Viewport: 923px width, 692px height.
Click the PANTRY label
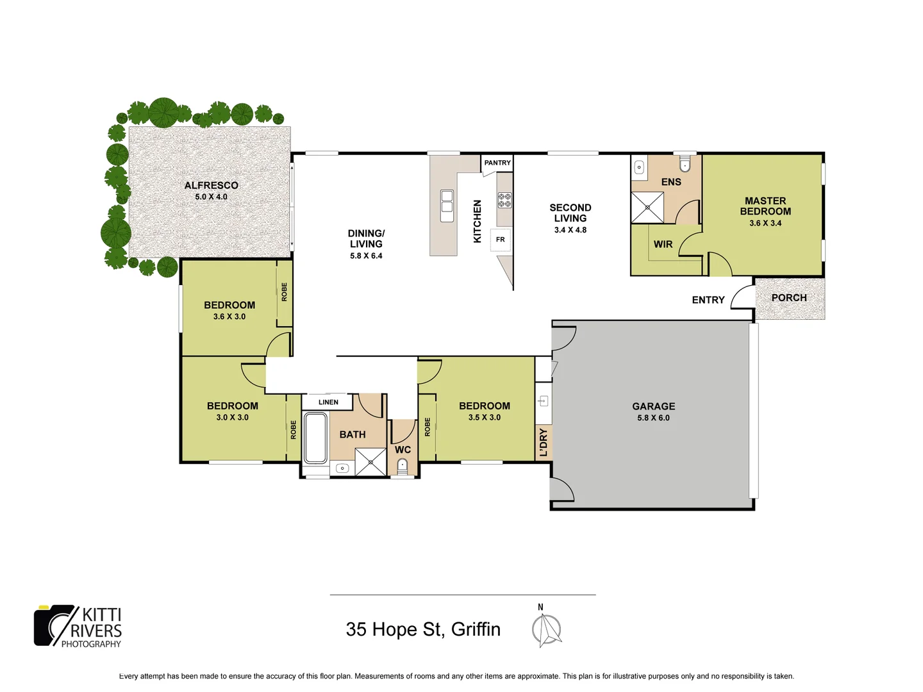pyautogui.click(x=497, y=163)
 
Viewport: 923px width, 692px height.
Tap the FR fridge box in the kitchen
pyautogui.click(x=501, y=240)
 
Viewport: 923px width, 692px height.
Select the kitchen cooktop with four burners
pyautogui.click(x=504, y=200)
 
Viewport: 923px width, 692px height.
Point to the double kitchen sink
pyautogui.click(x=447, y=206)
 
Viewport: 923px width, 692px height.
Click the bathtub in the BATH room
pyautogui.click(x=315, y=438)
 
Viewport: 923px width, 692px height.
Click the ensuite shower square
pyautogui.click(x=647, y=208)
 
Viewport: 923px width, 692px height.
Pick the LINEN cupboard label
pyautogui.click(x=328, y=402)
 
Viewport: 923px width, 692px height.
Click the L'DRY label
pyautogui.click(x=543, y=443)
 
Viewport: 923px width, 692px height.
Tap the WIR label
pyautogui.click(x=663, y=244)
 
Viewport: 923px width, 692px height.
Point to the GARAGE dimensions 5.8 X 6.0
pyautogui.click(x=653, y=418)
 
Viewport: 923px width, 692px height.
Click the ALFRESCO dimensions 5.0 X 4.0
pyautogui.click(x=211, y=197)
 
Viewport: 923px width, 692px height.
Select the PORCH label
pyautogui.click(x=789, y=297)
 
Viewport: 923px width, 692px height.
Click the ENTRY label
pyautogui.click(x=708, y=300)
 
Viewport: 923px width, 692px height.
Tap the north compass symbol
pyautogui.click(x=546, y=629)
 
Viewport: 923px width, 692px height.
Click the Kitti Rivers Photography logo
pyautogui.click(x=78, y=626)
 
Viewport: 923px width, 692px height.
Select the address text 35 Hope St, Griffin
pyautogui.click(x=423, y=629)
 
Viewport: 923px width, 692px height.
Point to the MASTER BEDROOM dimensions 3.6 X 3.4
pyautogui.click(x=765, y=223)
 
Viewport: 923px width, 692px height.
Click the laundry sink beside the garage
pyautogui.click(x=543, y=401)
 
